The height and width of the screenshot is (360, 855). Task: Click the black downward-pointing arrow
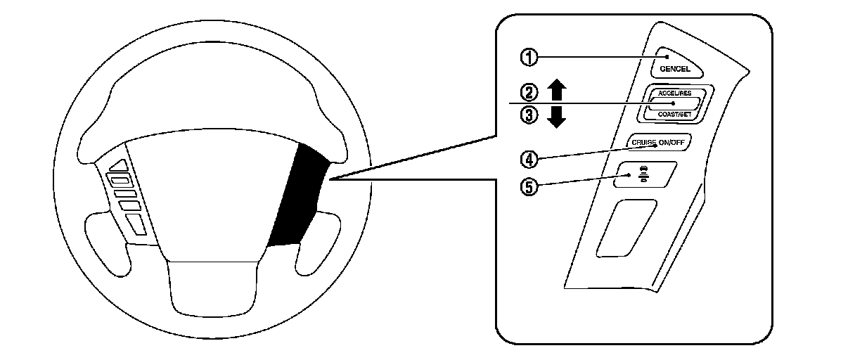(x=557, y=117)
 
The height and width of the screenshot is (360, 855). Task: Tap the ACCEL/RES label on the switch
(x=675, y=93)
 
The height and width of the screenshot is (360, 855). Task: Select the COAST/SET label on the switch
(x=675, y=112)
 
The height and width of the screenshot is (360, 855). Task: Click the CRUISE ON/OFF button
(x=657, y=142)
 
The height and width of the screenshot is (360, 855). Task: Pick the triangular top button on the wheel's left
(x=119, y=166)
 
